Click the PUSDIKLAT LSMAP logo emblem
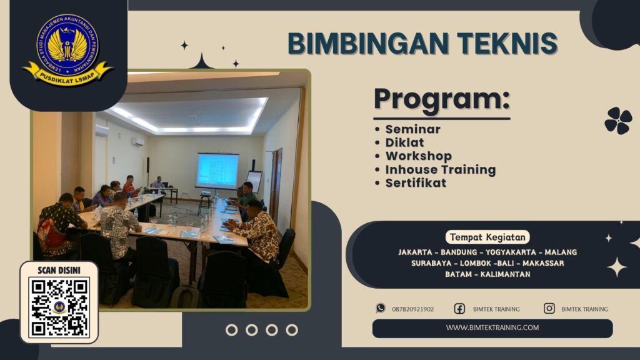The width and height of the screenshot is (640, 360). tap(68, 49)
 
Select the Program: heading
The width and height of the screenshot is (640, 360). tap(441, 101)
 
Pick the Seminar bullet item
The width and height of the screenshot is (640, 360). tap(412, 129)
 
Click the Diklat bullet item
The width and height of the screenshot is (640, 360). tap(404, 142)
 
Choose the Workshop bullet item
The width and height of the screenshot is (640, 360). tap(418, 156)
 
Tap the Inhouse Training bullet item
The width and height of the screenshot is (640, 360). tap(440, 169)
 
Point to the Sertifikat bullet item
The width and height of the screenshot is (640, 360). tap(416, 183)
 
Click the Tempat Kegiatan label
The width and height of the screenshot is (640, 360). tap(487, 237)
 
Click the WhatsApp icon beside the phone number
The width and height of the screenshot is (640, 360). tap(381, 308)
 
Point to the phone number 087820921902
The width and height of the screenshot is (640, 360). tap(412, 309)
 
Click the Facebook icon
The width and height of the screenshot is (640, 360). tap(459, 308)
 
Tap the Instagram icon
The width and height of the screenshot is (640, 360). tap(549, 308)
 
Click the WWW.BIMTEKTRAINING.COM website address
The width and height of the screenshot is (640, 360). tap(492, 327)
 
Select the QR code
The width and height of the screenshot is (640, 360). tap(59, 307)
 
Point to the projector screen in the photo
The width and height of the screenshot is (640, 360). tap(217, 170)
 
